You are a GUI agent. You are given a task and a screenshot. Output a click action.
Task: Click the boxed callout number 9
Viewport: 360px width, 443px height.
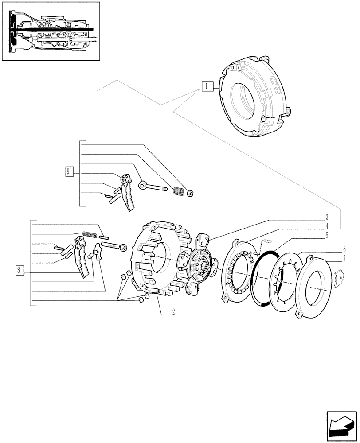click(x=68, y=171)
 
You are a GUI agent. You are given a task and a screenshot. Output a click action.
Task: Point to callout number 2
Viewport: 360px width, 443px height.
click(x=173, y=311)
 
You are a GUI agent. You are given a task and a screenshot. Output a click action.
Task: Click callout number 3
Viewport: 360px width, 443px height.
click(x=326, y=218)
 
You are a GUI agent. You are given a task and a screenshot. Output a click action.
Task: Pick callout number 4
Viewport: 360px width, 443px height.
click(x=326, y=226)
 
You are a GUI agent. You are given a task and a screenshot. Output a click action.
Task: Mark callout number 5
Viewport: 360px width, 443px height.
click(x=326, y=236)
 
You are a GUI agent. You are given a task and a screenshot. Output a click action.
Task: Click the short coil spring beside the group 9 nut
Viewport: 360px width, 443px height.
click(x=178, y=191)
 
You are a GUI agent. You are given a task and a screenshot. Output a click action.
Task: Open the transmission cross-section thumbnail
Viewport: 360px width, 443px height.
click(x=51, y=31)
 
